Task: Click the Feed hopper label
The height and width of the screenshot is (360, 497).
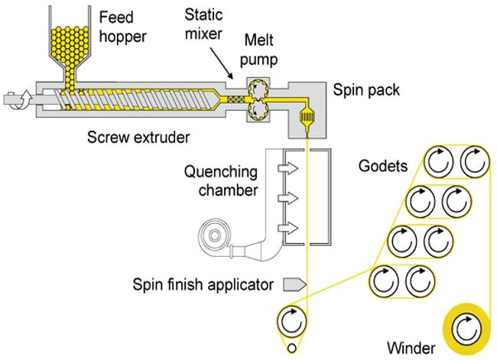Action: click(122, 27)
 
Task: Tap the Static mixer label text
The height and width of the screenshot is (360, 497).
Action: click(203, 24)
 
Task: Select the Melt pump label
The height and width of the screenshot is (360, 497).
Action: click(258, 50)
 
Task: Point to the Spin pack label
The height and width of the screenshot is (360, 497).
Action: click(366, 90)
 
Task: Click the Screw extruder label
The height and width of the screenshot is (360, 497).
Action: click(138, 138)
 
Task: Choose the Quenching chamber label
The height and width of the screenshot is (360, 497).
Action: click(221, 181)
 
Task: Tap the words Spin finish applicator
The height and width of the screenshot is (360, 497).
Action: click(203, 284)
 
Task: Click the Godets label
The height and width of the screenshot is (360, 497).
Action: click(383, 166)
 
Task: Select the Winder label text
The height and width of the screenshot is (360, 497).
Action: click(411, 348)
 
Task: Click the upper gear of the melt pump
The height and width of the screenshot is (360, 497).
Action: click(258, 89)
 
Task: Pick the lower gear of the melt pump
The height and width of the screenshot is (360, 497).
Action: click(258, 110)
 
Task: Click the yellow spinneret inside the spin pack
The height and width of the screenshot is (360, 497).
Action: click(307, 117)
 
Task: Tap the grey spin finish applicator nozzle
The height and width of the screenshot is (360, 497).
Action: click(294, 284)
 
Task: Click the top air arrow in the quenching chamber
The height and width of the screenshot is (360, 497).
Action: click(288, 167)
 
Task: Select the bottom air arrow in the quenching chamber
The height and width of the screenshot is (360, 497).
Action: click(288, 229)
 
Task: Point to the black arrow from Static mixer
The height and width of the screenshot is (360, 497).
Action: click(222, 63)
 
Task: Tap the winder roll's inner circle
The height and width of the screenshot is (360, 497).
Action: click(466, 329)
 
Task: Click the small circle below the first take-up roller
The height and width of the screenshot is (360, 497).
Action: click(291, 349)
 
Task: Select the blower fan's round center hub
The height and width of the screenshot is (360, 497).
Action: click(215, 235)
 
